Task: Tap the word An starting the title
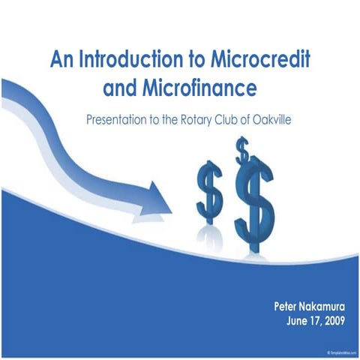61,59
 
